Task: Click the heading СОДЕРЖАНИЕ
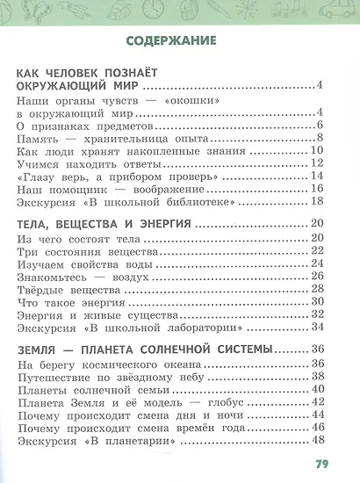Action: click(x=179, y=40)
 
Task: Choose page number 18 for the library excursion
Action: click(x=318, y=202)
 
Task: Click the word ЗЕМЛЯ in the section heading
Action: click(x=40, y=350)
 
